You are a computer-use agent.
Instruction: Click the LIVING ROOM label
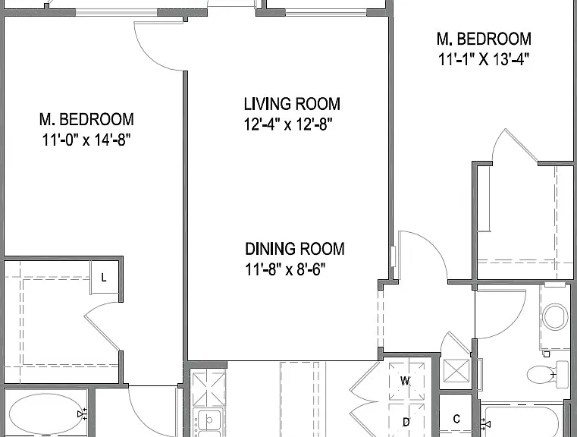(292, 104)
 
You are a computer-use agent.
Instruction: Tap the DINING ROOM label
(295, 249)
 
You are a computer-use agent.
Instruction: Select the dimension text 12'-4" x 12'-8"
(288, 124)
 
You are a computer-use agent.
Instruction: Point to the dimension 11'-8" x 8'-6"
(285, 269)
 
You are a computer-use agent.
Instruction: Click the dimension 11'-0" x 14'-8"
(86, 140)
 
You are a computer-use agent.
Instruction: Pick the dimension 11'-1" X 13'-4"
(484, 59)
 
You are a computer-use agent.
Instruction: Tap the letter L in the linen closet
(104, 278)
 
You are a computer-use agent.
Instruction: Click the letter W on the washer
(405, 381)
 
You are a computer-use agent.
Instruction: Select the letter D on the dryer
(406, 422)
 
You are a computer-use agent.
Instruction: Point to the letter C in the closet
(456, 419)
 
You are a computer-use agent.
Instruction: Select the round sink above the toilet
(555, 316)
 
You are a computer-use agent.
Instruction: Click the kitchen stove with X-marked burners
(209, 388)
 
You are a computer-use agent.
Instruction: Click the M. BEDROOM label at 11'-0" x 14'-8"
(86, 120)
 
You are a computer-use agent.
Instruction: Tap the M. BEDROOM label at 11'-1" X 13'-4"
(484, 39)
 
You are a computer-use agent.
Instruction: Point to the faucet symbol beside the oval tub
(83, 414)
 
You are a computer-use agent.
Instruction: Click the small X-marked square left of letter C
(456, 371)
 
